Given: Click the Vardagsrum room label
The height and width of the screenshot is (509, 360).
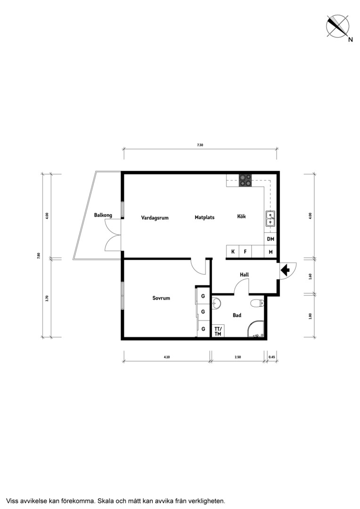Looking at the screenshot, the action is coord(155,218).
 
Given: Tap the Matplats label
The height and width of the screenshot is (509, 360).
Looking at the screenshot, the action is coord(205,217).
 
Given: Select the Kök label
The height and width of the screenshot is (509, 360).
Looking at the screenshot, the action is coord(242,216).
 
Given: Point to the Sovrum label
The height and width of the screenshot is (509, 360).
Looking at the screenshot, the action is coord(161,298).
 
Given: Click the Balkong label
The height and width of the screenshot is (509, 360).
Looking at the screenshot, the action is coord(103,215).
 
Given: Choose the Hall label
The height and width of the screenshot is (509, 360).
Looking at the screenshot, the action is coord(245,275).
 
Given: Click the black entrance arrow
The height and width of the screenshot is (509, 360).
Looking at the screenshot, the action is coord(286,270).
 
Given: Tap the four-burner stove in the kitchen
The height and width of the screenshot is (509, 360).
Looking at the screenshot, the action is coord(245,181).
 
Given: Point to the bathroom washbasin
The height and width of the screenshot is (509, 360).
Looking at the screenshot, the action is coord(217,303).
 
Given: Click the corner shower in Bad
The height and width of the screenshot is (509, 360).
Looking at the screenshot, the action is coord(256,329).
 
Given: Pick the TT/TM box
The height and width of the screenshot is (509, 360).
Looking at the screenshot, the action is coord(218,331).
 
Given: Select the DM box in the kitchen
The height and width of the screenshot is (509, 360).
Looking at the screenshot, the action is coord(270,239).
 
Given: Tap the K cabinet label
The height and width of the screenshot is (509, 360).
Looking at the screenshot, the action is coord(233,252).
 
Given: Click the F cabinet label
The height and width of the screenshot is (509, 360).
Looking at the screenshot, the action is coord(245,252).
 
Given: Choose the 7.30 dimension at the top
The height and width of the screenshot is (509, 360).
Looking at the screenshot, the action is coord(200,145).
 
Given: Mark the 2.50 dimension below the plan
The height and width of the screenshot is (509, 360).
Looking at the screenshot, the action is coord(237,357).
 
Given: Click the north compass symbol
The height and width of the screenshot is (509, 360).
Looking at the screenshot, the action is coord(338,26).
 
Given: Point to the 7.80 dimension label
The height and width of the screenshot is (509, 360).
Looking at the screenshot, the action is coord(39,256).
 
